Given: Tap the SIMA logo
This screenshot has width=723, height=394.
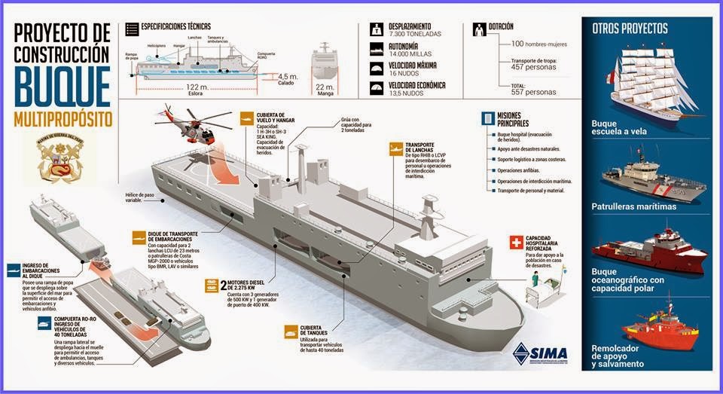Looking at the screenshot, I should click(x=539, y=352).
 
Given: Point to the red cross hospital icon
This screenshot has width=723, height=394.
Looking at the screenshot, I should click(x=516, y=243).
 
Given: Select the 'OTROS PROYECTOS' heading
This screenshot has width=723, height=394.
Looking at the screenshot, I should click(x=630, y=29).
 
